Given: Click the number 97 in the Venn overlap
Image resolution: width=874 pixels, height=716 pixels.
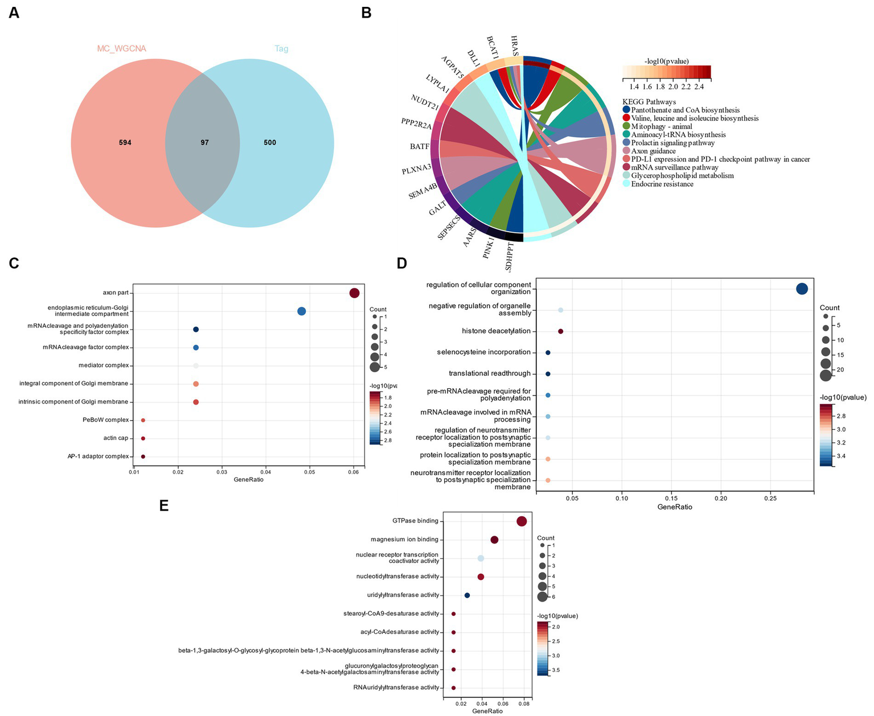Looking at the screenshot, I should click(x=204, y=142).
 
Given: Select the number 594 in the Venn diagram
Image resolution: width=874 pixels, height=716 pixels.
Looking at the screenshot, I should click(x=125, y=142).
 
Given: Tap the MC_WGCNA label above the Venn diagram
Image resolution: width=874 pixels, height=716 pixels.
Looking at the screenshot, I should click(x=121, y=49).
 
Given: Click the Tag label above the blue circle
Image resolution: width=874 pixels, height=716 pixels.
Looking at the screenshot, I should click(x=281, y=49).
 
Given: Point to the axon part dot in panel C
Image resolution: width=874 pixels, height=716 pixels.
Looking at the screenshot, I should click(x=354, y=293).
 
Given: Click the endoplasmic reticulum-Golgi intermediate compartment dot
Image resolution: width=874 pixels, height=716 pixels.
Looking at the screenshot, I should click(x=302, y=311).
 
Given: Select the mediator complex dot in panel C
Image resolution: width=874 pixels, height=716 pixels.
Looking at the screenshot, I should click(x=196, y=366).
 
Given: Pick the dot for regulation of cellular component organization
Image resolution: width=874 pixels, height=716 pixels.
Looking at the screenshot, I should click(x=802, y=289).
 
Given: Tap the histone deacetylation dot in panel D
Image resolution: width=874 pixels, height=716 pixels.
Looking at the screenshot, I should click(x=561, y=331).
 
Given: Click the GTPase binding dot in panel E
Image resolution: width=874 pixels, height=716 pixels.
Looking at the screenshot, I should click(x=522, y=521).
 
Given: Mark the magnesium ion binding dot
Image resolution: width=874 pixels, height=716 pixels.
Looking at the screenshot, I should click(x=494, y=540).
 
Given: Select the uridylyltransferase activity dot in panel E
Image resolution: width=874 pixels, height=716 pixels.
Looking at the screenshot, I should click(x=467, y=595).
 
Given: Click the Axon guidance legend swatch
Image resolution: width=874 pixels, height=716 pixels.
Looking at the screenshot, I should click(x=627, y=151).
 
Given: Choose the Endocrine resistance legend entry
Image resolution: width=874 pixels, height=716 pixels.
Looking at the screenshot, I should click(x=662, y=184).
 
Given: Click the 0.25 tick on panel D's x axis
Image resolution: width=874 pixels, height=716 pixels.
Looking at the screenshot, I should click(x=770, y=498).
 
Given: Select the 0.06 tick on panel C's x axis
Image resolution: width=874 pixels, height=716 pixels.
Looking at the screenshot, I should click(x=354, y=472).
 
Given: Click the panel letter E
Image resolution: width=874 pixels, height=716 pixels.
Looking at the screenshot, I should click(x=164, y=505).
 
